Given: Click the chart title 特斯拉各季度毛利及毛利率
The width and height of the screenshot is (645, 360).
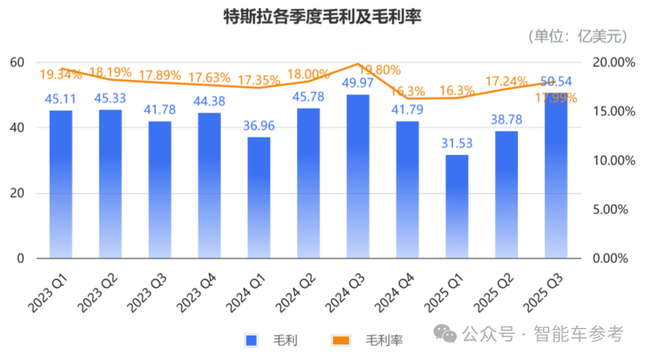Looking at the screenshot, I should click(322, 15).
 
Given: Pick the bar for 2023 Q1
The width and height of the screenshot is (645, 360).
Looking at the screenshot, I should click(61, 184).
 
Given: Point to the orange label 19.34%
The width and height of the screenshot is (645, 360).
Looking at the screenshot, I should click(61, 75).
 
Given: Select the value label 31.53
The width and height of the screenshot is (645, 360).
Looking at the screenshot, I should click(456, 143).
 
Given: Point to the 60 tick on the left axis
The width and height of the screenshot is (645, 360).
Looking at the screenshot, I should click(15, 62).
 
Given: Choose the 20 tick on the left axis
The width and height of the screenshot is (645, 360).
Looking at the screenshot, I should click(15, 193).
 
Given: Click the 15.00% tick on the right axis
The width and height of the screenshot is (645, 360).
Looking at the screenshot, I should click(614, 112).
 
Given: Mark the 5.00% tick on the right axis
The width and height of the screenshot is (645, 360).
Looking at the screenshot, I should click(614, 209).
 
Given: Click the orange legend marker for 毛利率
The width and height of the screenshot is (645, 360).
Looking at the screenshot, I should click(342, 339).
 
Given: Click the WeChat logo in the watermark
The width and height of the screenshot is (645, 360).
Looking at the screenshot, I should click(445, 334).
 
